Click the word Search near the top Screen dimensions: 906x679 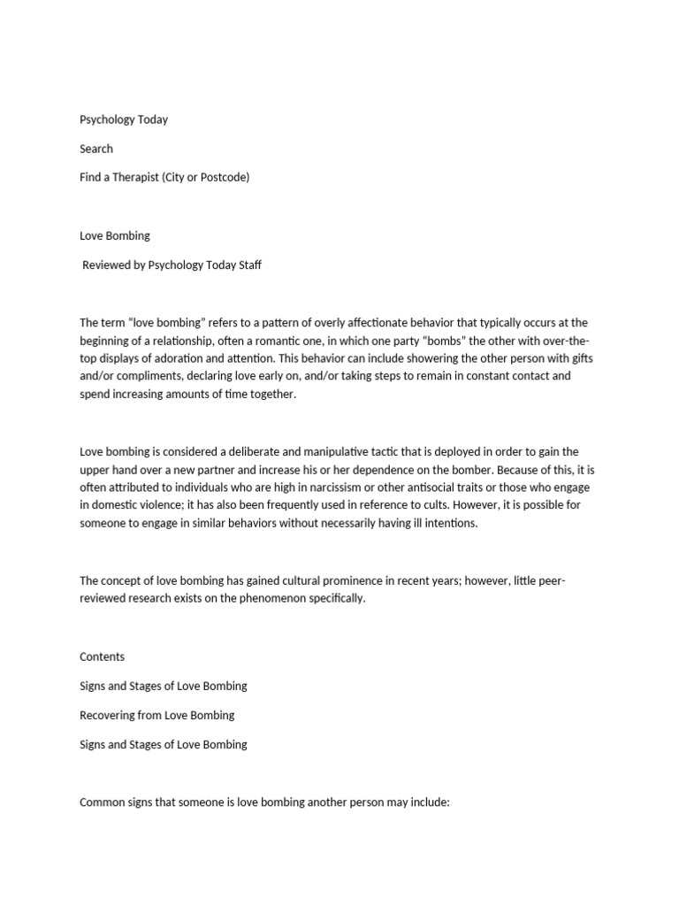point(96,149)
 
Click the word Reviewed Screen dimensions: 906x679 point(109,265)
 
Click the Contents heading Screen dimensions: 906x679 point(102,656)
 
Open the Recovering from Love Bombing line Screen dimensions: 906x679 point(156,715)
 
